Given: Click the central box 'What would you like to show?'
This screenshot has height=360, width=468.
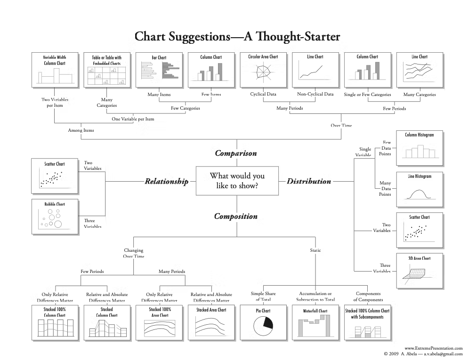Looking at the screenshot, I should coord(237,181).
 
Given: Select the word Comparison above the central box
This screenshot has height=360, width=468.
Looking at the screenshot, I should coord(236,153).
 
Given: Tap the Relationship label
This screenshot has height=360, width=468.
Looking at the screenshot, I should coord(166,181).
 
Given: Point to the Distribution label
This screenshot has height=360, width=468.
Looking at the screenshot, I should coord(309,181).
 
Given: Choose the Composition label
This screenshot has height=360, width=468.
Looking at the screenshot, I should coord(236,216).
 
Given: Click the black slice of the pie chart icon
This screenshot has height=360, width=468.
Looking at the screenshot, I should coord(267,323).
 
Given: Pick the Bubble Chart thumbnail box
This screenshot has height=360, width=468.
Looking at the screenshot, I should coord(55,217).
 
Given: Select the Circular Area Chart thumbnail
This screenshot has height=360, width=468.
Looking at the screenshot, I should coord(263,70).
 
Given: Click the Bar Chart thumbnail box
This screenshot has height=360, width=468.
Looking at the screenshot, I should coord(159,70).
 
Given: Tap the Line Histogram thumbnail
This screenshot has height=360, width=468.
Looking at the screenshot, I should coord(419,190).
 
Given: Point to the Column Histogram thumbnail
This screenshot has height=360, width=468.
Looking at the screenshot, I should coord(419,148).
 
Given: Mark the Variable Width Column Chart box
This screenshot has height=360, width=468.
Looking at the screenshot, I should coord(54,70).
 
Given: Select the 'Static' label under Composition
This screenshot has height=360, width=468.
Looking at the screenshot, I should coord(315,250).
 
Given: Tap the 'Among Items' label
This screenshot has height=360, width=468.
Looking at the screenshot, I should coord(81,130).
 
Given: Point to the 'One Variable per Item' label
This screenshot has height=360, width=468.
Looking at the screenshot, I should coord(133,119).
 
